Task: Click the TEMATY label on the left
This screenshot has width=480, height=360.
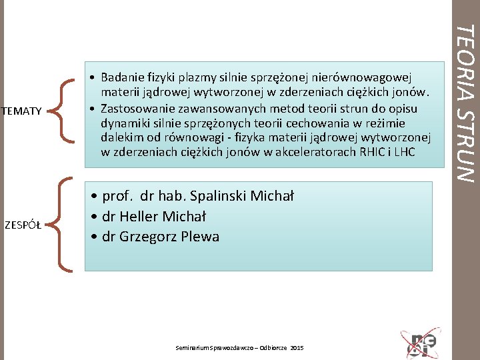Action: point(22,110)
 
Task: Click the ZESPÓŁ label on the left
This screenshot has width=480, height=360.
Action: point(23,224)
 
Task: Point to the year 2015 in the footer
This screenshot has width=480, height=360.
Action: point(297,348)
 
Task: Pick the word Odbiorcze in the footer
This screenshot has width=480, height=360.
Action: point(271,348)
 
